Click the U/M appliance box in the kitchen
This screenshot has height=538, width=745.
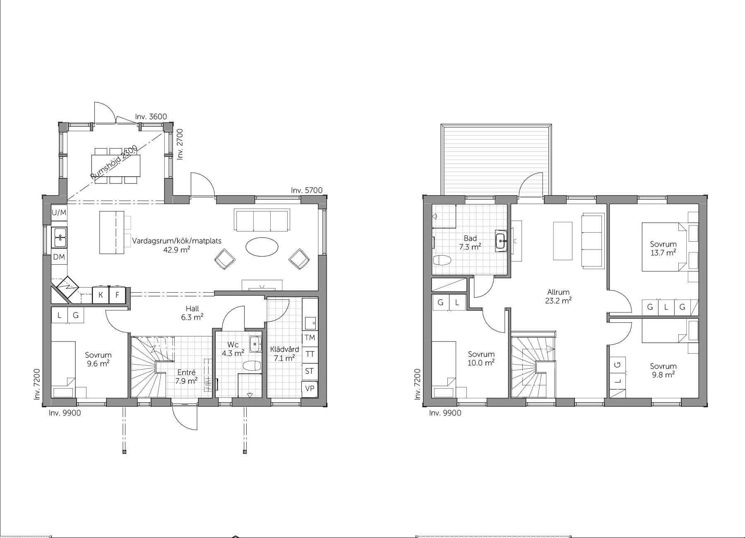pos(59,213)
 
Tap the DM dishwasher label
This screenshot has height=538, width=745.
pos(59,257)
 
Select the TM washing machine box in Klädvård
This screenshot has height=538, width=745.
pos(310,338)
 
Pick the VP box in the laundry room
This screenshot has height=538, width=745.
pos(310,389)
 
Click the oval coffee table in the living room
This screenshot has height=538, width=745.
pos(262,247)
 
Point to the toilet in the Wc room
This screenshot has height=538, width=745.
pos(252,366)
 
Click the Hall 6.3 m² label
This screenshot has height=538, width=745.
pos(192,313)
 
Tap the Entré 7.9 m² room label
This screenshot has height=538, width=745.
pos(186,377)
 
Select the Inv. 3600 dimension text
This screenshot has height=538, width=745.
pos(151,117)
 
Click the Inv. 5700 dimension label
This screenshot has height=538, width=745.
pos(306,190)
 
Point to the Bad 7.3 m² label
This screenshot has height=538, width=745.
pos(470,243)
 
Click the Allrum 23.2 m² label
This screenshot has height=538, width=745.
pos(558,296)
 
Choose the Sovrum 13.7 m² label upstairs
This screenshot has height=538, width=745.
pos(663,248)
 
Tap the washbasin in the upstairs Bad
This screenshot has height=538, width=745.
pos(501,240)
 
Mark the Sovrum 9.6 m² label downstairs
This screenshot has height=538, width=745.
pos(98,359)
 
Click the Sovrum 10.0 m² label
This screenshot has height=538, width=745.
pos(481,358)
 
